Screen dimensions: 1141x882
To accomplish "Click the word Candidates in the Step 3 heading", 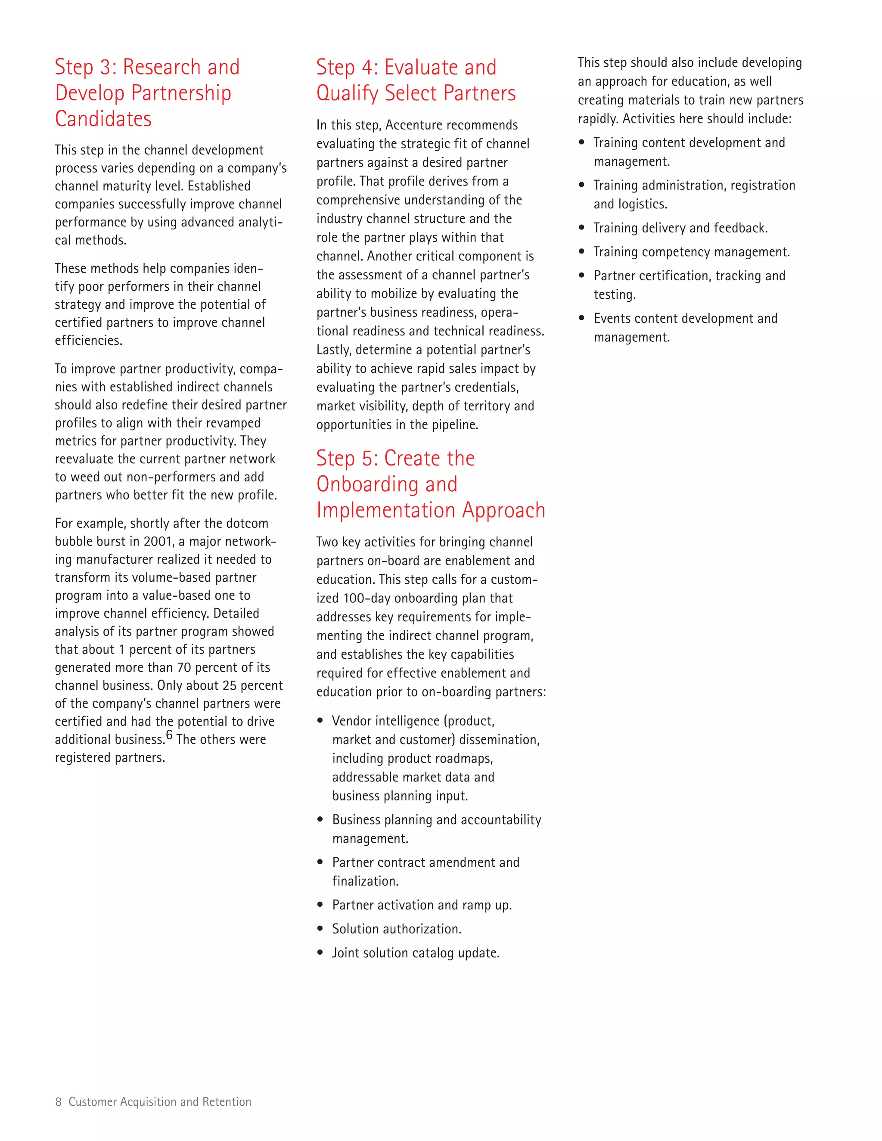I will pos(103,119).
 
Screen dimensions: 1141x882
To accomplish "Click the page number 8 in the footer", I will pos(58,1102).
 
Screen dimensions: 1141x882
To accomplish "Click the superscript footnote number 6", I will pos(169,735).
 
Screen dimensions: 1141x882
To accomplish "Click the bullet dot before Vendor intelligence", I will pos(320,721).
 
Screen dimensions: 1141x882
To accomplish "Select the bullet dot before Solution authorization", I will pos(320,929).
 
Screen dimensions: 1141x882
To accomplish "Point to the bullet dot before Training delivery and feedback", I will pos(581,228).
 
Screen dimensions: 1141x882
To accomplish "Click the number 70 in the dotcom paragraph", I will pos(184,668).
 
